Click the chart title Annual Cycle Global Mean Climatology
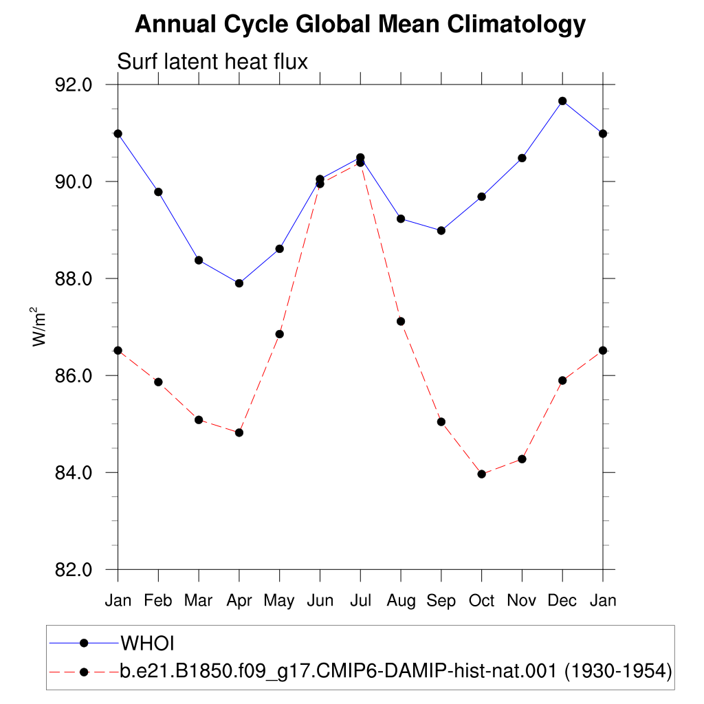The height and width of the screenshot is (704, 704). pos(360,24)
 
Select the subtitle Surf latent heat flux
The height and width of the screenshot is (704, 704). pos(212,61)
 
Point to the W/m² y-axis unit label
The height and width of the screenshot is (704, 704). pos(38,327)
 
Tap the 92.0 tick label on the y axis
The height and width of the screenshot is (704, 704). pos(73,85)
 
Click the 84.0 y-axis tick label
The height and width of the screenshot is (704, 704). pos(73,473)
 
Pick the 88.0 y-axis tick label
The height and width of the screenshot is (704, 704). pos(73,279)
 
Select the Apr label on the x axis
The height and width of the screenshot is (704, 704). pos(239,601)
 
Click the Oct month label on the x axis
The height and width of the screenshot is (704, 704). pos(481,600)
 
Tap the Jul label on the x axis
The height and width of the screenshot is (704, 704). pos(360,600)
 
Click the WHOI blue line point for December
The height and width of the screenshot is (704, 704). pos(562,101)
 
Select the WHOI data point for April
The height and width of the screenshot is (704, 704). pos(239,283)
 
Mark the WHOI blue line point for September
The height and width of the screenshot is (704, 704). pos(441,231)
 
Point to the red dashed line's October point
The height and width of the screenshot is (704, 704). pos(481,474)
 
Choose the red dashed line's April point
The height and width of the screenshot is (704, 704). pos(239,433)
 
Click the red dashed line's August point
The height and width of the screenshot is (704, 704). pos(401,322)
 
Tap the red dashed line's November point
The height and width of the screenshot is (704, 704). pos(522,459)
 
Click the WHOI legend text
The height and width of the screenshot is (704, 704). pos(147,643)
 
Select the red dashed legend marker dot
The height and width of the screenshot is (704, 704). pos(83,672)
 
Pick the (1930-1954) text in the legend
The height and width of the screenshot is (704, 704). pos(618,671)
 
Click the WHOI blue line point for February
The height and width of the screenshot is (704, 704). pos(158,192)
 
